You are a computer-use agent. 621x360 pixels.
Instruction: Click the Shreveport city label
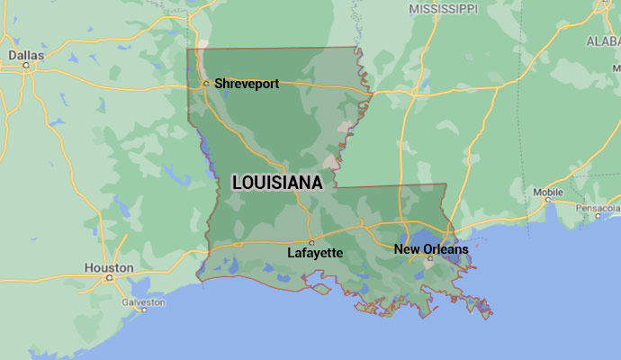(247, 84)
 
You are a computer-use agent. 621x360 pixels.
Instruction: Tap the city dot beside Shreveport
(206, 84)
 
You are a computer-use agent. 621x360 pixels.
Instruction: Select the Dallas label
(26, 55)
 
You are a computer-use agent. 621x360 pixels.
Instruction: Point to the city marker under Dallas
(26, 65)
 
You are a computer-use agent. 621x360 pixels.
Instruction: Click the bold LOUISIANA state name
(277, 183)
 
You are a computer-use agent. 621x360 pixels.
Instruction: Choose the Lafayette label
(315, 253)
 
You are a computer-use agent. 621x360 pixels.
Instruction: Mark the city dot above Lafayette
(311, 242)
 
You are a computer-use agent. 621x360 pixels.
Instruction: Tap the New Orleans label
(431, 248)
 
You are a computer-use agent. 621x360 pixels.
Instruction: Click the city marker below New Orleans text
(430, 258)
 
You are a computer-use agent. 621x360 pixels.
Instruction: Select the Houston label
(108, 267)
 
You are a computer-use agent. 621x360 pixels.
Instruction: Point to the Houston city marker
(110, 277)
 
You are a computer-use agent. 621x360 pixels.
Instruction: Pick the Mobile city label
(548, 193)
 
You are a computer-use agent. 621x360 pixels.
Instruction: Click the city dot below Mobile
(547, 202)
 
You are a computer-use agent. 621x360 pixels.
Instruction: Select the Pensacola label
(599, 208)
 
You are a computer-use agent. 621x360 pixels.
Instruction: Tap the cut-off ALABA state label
(603, 40)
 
